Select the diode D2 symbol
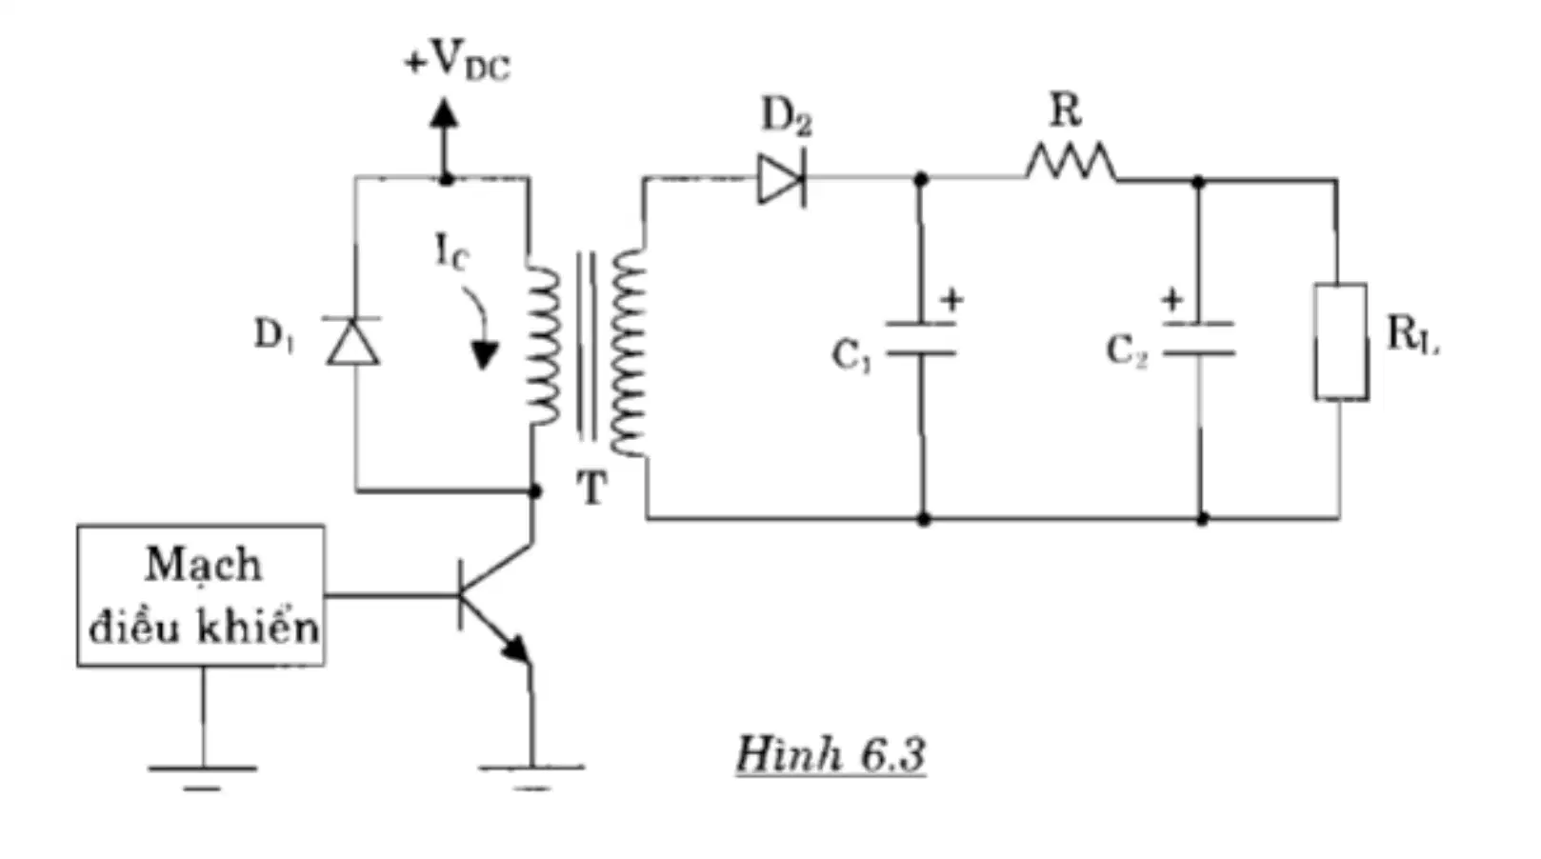782,179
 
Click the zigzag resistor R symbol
1071,162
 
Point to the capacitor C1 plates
921,338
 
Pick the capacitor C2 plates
1199,338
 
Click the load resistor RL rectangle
1340,341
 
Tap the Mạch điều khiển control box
201,595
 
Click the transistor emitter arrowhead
516,649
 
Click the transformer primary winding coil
544,346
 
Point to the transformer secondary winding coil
628,352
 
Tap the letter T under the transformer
590,489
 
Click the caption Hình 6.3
831,754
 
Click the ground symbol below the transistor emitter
531,777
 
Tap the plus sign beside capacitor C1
952,300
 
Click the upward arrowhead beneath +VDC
445,113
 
